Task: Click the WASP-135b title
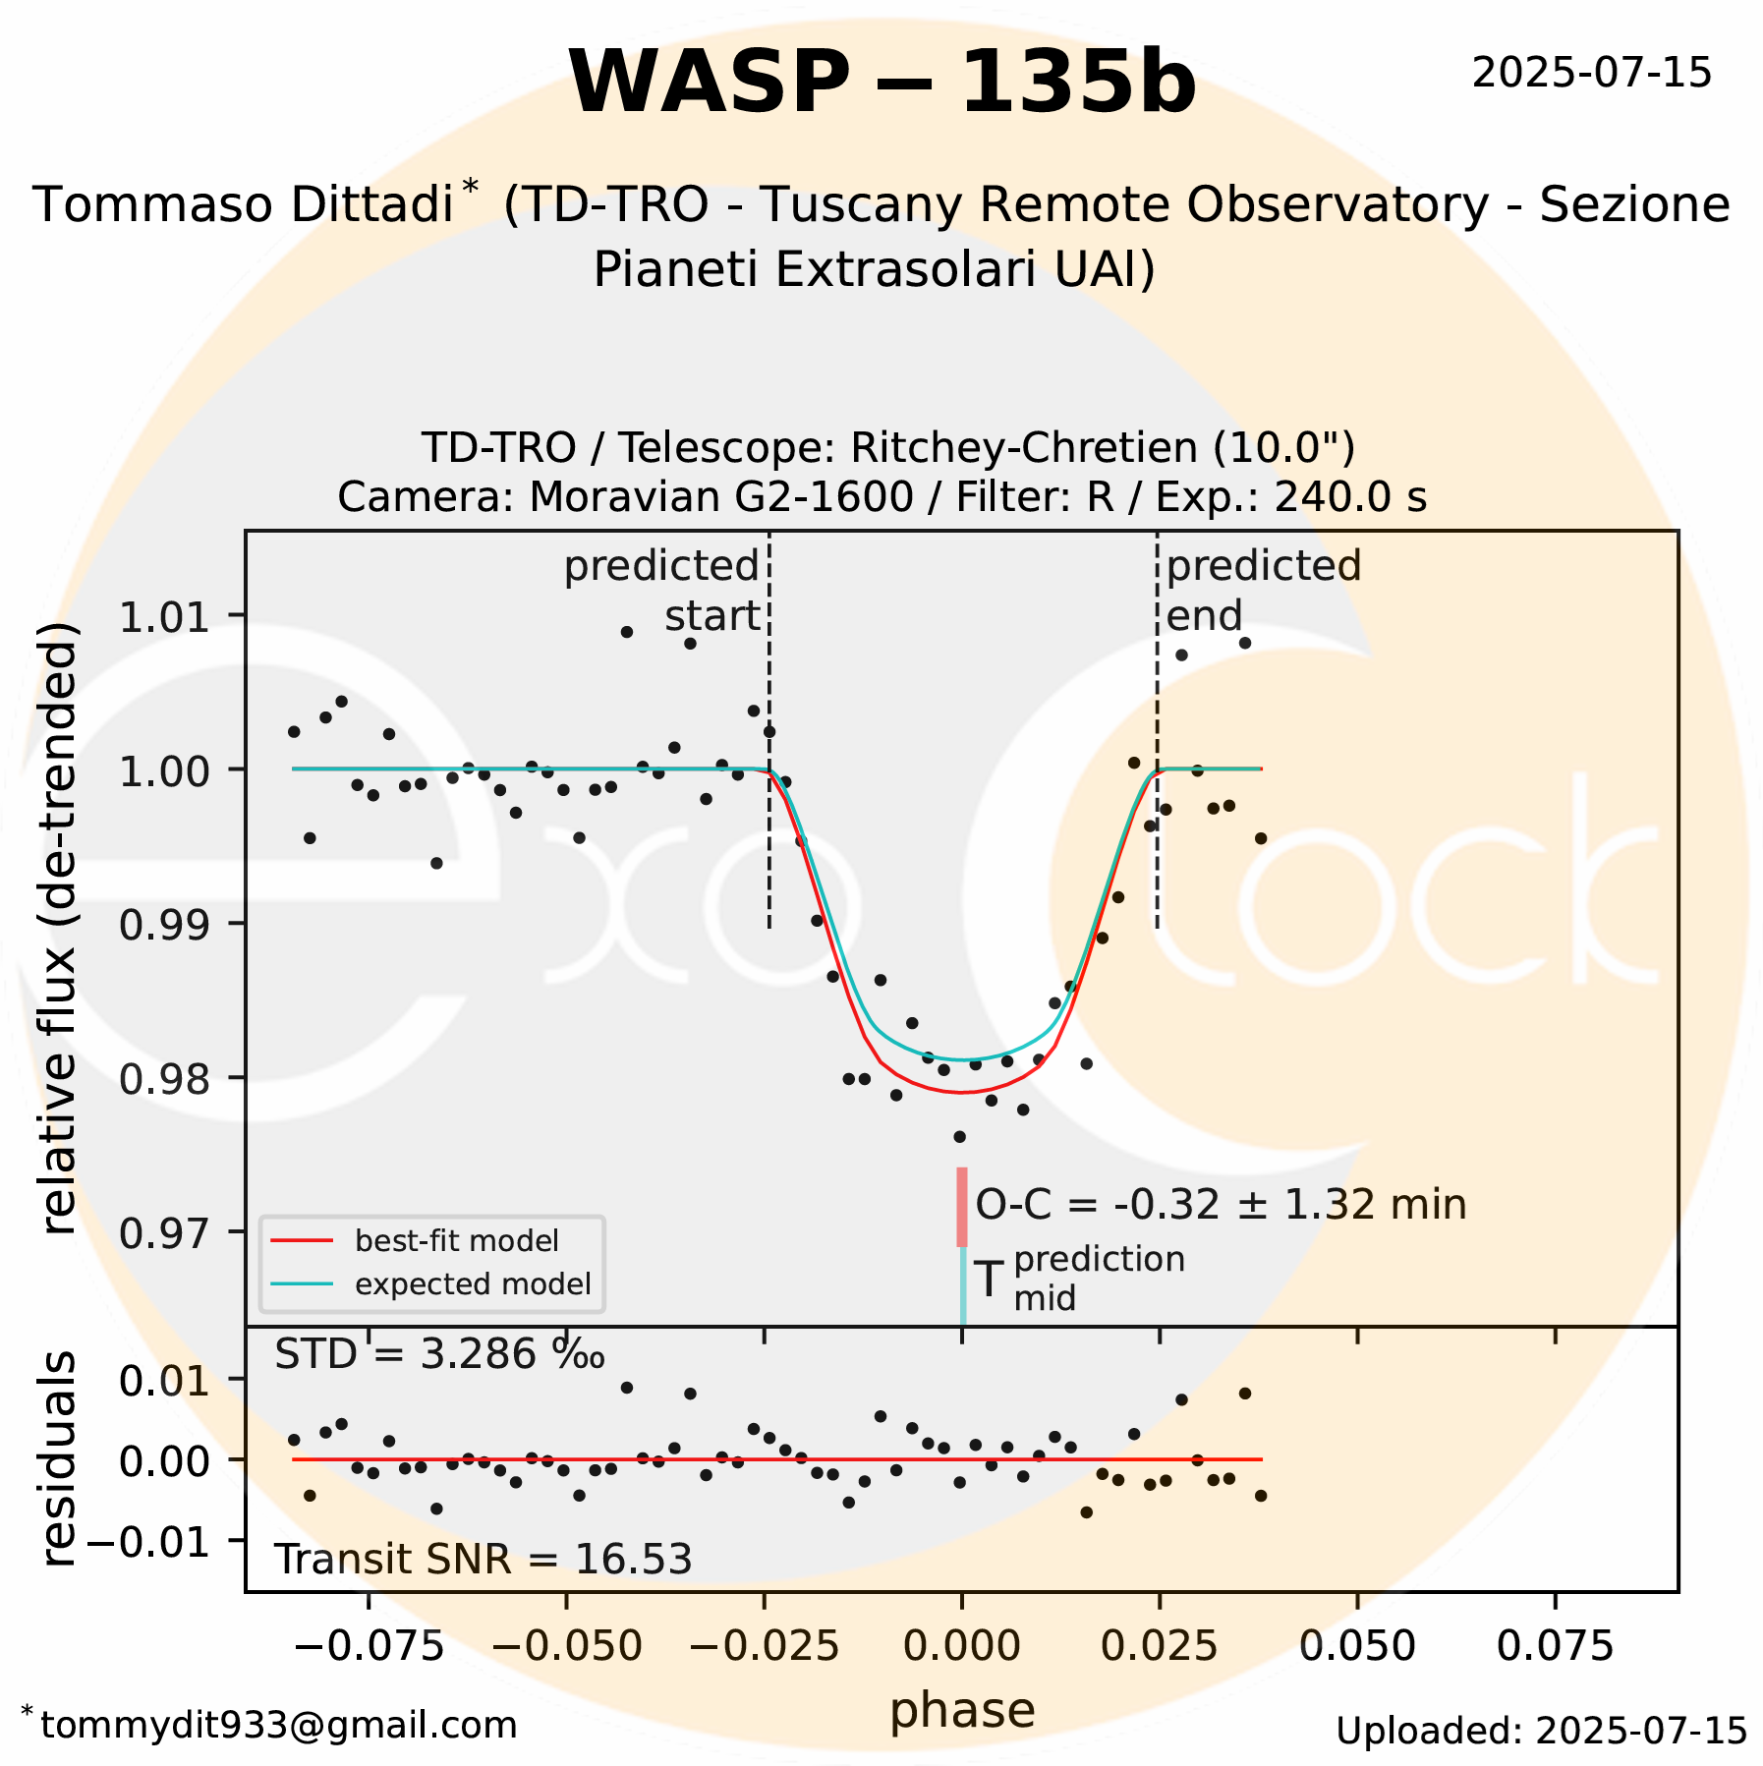(881, 83)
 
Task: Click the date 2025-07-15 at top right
(1591, 74)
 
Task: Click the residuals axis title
(59, 1458)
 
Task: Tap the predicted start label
(662, 591)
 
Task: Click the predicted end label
(1263, 591)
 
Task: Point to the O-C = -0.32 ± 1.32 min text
(1220, 1205)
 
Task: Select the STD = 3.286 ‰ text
(438, 1355)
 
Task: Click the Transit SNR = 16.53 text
(483, 1560)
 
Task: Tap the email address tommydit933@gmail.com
(278, 1726)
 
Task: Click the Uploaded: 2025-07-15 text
(1541, 1731)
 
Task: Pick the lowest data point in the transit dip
(960, 1137)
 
